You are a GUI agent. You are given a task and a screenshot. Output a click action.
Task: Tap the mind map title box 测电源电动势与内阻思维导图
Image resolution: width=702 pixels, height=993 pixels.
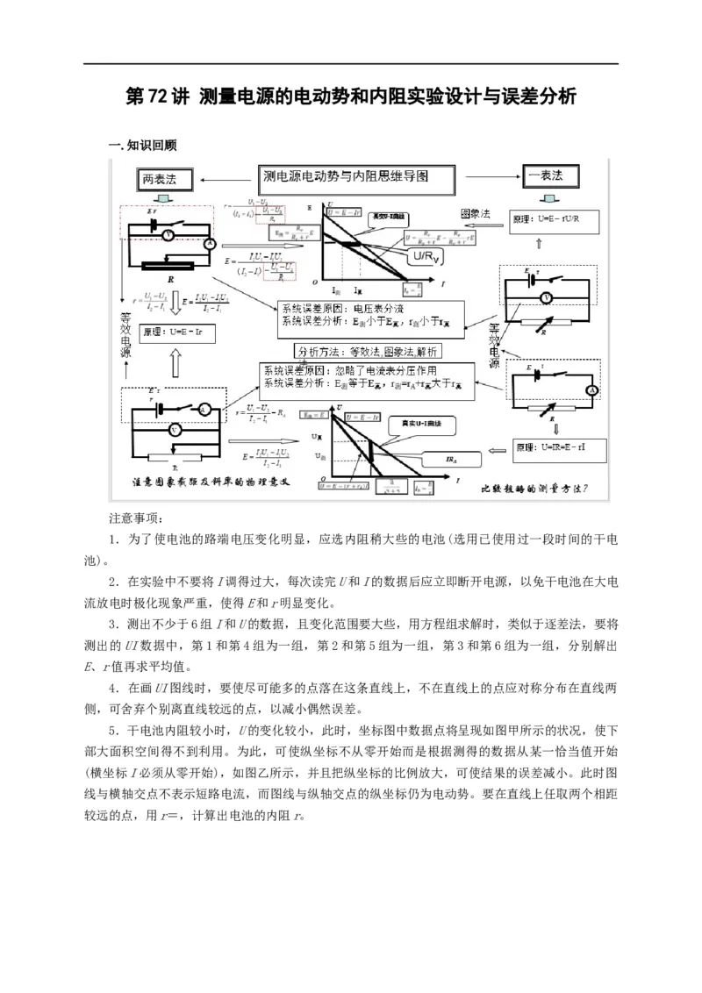point(357,178)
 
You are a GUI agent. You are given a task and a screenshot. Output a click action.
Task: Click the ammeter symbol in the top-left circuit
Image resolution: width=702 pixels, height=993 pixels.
point(210,245)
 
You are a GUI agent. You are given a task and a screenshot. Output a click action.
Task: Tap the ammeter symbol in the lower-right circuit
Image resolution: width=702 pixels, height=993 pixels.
point(591,389)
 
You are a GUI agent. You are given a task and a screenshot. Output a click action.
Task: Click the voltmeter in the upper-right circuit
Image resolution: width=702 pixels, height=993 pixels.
point(546,297)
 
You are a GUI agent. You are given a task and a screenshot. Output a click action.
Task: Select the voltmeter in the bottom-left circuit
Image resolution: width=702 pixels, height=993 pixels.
point(175,431)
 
